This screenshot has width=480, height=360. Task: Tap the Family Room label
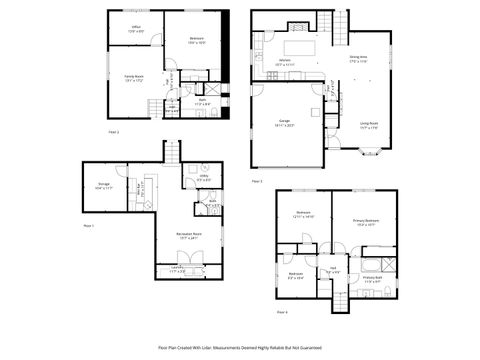pyautogui.click(x=135, y=79)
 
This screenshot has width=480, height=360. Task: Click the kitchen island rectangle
pyautogui.click(x=299, y=46)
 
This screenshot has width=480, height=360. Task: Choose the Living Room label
pyautogui.click(x=369, y=126)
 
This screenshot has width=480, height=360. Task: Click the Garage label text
pyautogui.click(x=283, y=126)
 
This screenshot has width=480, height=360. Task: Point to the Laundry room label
pyautogui.click(x=177, y=269)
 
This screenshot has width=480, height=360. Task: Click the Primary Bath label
pyautogui.click(x=372, y=280)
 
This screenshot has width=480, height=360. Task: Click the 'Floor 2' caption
pyautogui.click(x=114, y=132)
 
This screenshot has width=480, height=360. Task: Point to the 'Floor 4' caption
pyautogui.click(x=282, y=313)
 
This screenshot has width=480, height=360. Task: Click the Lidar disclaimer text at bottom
pyautogui.click(x=240, y=347)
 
